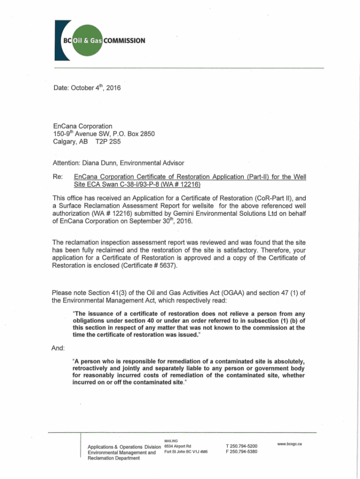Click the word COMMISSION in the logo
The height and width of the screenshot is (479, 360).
[124, 40]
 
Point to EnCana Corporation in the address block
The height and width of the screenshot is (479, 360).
[83, 126]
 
